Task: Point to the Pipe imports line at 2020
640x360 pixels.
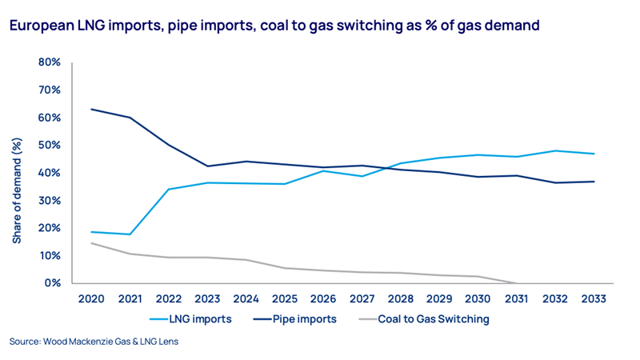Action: [93, 109]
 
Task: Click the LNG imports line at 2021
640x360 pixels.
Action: [130, 234]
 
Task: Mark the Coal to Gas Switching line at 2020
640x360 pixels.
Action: [93, 243]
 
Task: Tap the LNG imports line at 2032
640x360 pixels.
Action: [554, 150]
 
